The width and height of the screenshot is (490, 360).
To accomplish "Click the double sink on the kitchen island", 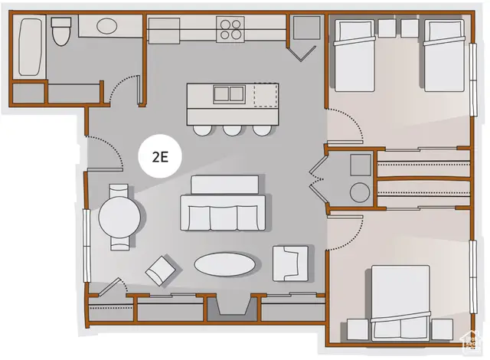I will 225,94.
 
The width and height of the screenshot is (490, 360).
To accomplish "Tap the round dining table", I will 119,216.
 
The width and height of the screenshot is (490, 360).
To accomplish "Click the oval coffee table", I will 225,264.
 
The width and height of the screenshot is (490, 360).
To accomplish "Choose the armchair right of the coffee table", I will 290,262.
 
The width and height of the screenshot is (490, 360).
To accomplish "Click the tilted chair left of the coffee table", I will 162,268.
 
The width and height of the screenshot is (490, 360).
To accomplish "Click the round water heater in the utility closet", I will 358,191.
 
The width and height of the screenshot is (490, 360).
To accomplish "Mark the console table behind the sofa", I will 224,185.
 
